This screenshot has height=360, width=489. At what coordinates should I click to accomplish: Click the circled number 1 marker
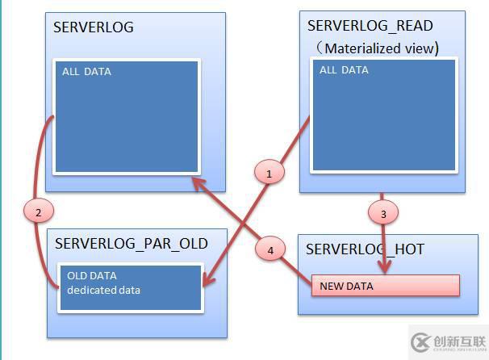pos(270,171)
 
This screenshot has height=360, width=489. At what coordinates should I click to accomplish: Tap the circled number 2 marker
pos(39,211)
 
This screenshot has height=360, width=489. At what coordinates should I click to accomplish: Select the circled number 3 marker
pos(383,214)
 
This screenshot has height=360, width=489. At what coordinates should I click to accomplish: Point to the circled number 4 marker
pos(270,250)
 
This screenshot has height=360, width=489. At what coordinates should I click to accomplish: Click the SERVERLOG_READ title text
pos(370,27)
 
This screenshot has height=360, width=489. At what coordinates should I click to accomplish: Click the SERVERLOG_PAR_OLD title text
pos(132,243)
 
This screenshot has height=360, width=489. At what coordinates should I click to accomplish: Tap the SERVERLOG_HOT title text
pos(365,249)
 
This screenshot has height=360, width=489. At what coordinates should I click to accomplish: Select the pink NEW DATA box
pos(385,286)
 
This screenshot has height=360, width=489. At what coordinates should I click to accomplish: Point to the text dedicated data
pos(103,290)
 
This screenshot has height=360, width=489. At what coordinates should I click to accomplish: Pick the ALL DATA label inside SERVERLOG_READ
pos(344,70)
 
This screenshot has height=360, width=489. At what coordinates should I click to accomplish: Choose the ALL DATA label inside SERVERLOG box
pos(86,72)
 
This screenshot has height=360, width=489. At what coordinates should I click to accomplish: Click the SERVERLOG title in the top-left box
pos(94,27)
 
